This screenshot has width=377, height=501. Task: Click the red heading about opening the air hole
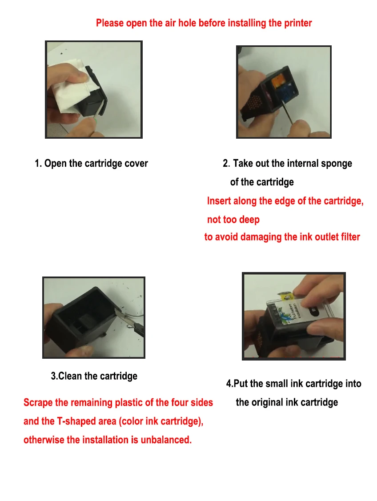tap(204, 23)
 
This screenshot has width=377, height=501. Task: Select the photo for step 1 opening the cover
tap(94, 90)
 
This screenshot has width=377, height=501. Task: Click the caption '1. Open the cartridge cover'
tap(91, 164)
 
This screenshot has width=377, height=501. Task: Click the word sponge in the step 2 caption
tap(337, 164)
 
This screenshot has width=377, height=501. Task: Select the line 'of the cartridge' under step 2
tap(262, 182)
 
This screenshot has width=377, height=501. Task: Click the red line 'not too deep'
tap(233, 220)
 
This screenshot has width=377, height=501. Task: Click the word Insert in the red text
tap(219, 201)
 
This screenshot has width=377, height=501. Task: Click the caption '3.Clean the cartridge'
tap(94, 376)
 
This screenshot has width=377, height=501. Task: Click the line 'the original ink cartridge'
tap(287, 402)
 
